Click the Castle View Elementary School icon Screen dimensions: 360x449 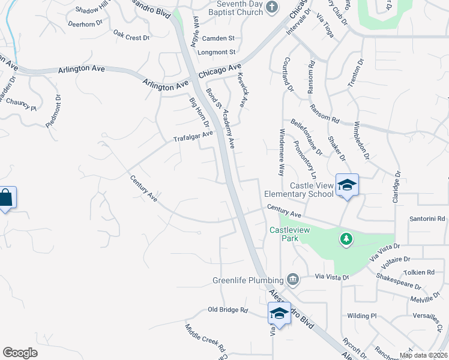tap(347, 184)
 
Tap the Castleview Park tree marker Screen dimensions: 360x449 tap(346, 239)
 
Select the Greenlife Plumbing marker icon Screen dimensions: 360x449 tap(292, 278)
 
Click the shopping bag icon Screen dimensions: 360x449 tap(5, 197)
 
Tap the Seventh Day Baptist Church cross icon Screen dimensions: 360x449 tap(271, 7)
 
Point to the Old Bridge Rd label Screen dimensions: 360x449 tap(228, 310)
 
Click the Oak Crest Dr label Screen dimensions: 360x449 tap(131, 37)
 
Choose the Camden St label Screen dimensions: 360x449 tap(218, 38)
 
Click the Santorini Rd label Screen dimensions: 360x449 tap(428, 219)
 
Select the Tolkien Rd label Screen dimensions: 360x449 tap(419, 272)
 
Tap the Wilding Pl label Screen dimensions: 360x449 tap(361, 316)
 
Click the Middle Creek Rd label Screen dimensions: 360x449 tap(205, 338)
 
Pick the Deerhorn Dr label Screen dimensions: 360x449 tap(83, 25)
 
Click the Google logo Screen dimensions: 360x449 tap(20, 353)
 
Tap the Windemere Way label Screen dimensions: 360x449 tap(282, 152)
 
